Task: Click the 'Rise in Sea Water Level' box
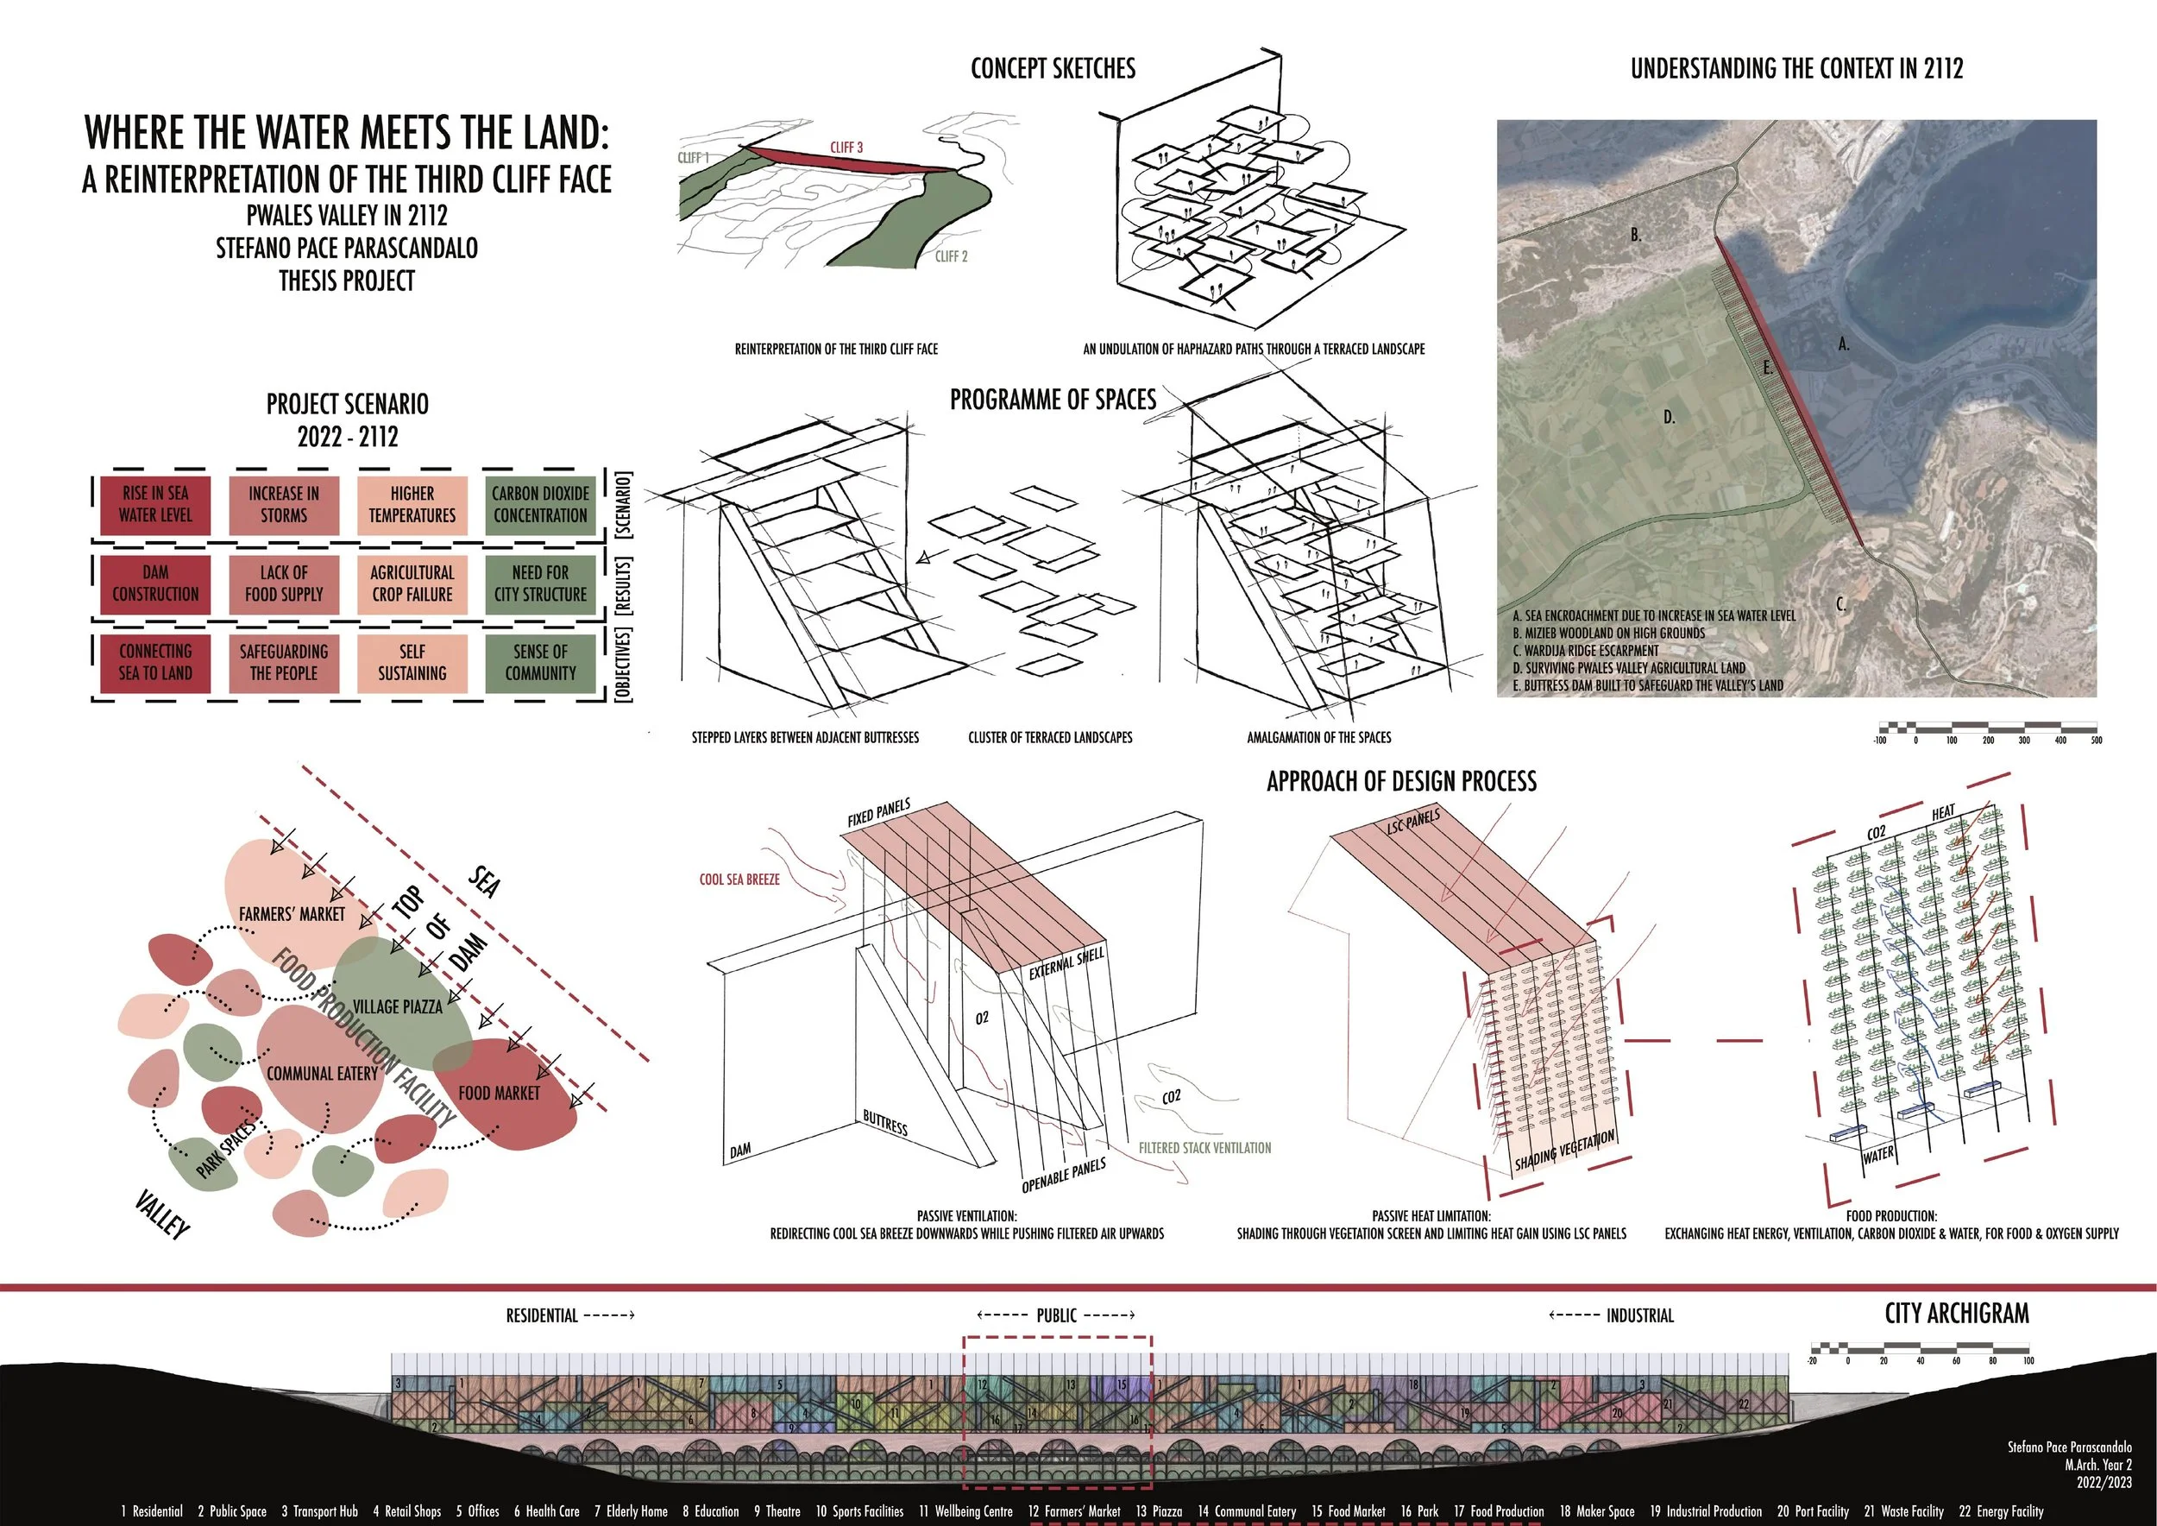coord(155,505)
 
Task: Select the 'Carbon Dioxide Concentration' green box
coord(540,505)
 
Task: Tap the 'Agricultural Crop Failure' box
coord(412,583)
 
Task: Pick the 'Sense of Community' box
coord(540,663)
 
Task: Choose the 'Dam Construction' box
coord(155,583)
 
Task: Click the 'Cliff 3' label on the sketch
coord(846,148)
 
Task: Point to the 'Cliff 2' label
coord(951,255)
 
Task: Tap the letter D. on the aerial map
coord(1669,417)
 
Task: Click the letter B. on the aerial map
coord(1636,235)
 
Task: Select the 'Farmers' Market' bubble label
coord(292,913)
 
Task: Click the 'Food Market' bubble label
coord(499,1093)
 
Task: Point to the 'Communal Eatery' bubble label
coord(322,1073)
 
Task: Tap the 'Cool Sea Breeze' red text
coord(739,880)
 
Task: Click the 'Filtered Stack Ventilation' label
coord(1204,1147)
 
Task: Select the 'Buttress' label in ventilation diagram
coord(885,1122)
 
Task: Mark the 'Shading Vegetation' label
coord(1564,1151)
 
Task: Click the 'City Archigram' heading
coord(1956,1313)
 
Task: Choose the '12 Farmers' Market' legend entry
coord(1074,1511)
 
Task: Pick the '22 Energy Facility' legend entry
coord(2001,1511)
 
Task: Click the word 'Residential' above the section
coord(542,1315)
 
